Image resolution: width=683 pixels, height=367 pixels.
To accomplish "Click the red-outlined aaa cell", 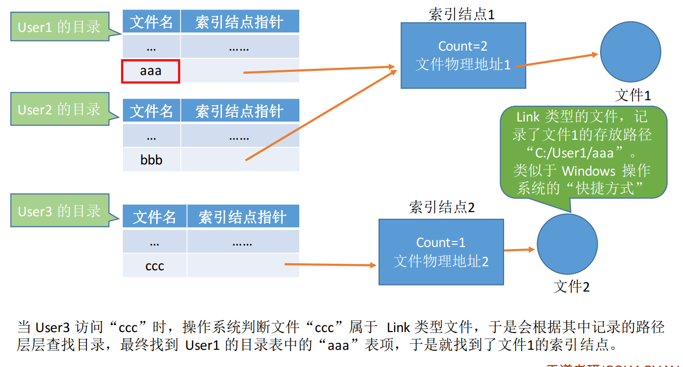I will [151, 71].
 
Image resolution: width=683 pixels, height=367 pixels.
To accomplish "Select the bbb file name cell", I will [151, 160].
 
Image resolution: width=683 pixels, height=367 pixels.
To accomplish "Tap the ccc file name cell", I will [154, 266].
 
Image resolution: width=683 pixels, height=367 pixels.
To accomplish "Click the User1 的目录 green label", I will [60, 27].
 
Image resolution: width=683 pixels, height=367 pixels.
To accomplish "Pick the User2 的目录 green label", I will [60, 109].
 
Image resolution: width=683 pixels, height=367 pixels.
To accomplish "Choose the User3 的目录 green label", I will [60, 211].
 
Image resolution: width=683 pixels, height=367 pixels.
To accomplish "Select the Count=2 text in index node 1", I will [463, 46].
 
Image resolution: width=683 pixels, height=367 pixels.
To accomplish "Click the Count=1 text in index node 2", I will [441, 242].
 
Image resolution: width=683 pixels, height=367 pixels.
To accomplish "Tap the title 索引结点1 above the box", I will [461, 14].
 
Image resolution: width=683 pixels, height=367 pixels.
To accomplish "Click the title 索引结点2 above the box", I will [441, 207].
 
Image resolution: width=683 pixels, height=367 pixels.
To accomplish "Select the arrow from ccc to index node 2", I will [331, 264].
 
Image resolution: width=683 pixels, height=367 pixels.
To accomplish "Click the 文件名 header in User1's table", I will [151, 22].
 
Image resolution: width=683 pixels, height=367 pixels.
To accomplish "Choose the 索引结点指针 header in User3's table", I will [243, 217].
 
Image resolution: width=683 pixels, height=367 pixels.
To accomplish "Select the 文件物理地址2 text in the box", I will [441, 261].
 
